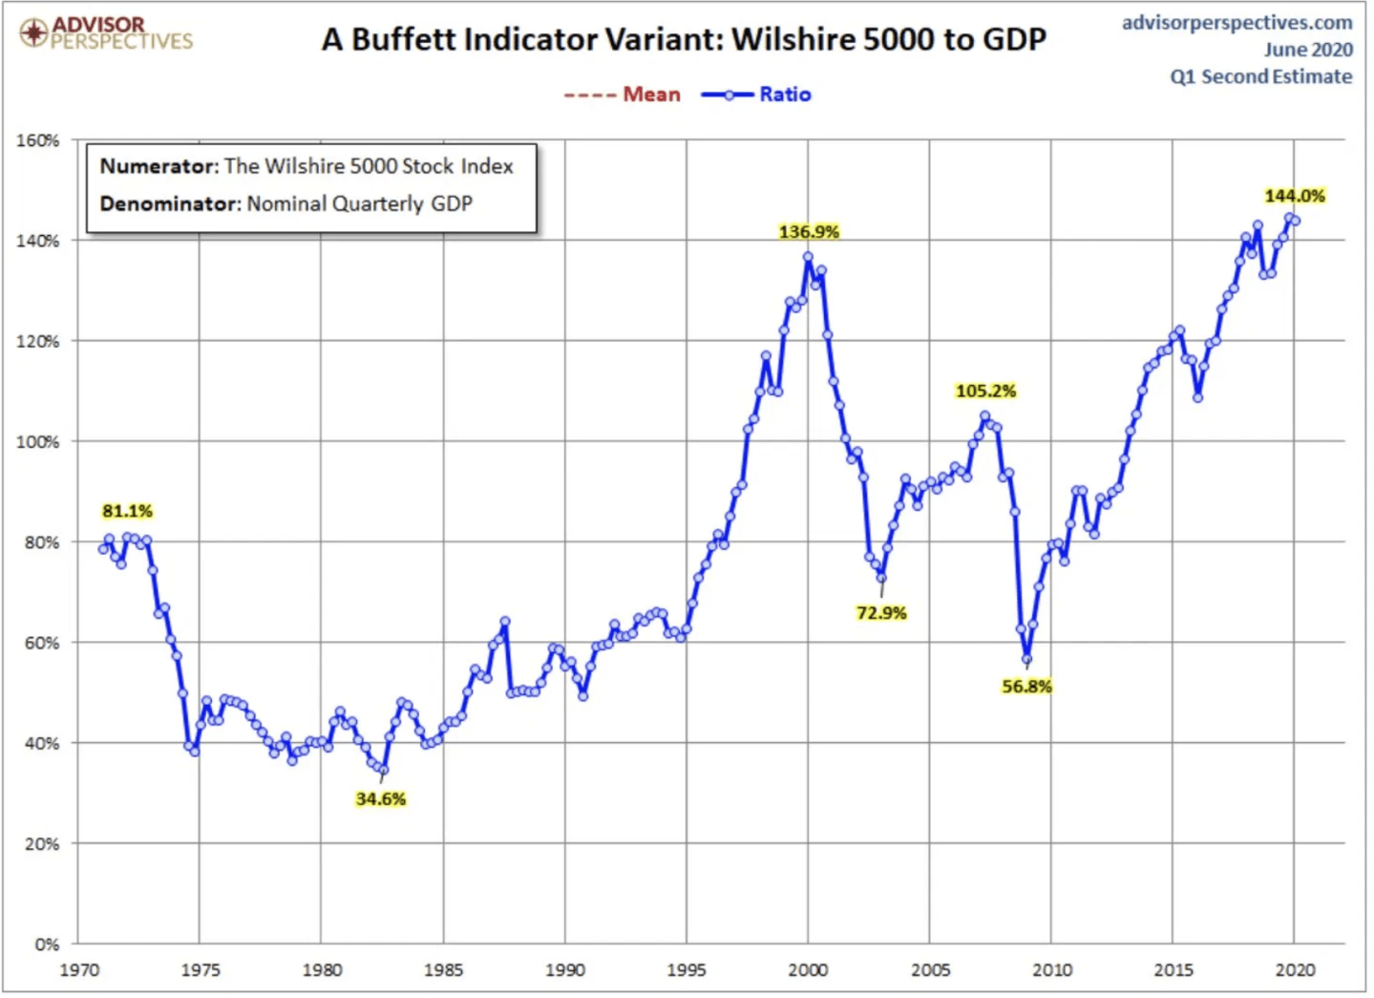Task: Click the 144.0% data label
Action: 1294,196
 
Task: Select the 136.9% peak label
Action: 809,232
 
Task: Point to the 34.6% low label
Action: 380,799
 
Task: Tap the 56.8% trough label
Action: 1026,687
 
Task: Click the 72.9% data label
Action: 880,613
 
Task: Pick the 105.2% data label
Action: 985,392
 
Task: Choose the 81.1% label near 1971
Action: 127,512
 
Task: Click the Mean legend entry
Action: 623,95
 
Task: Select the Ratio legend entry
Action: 756,95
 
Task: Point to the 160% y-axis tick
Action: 38,140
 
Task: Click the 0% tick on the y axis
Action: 47,945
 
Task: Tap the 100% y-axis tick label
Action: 38,442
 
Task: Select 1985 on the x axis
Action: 443,970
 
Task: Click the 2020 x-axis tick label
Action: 1295,970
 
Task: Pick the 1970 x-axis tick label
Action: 79,970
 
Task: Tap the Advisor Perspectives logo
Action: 106,32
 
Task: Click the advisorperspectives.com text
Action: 1237,22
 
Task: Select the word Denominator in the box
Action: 168,203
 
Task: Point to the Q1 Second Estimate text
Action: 1260,76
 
